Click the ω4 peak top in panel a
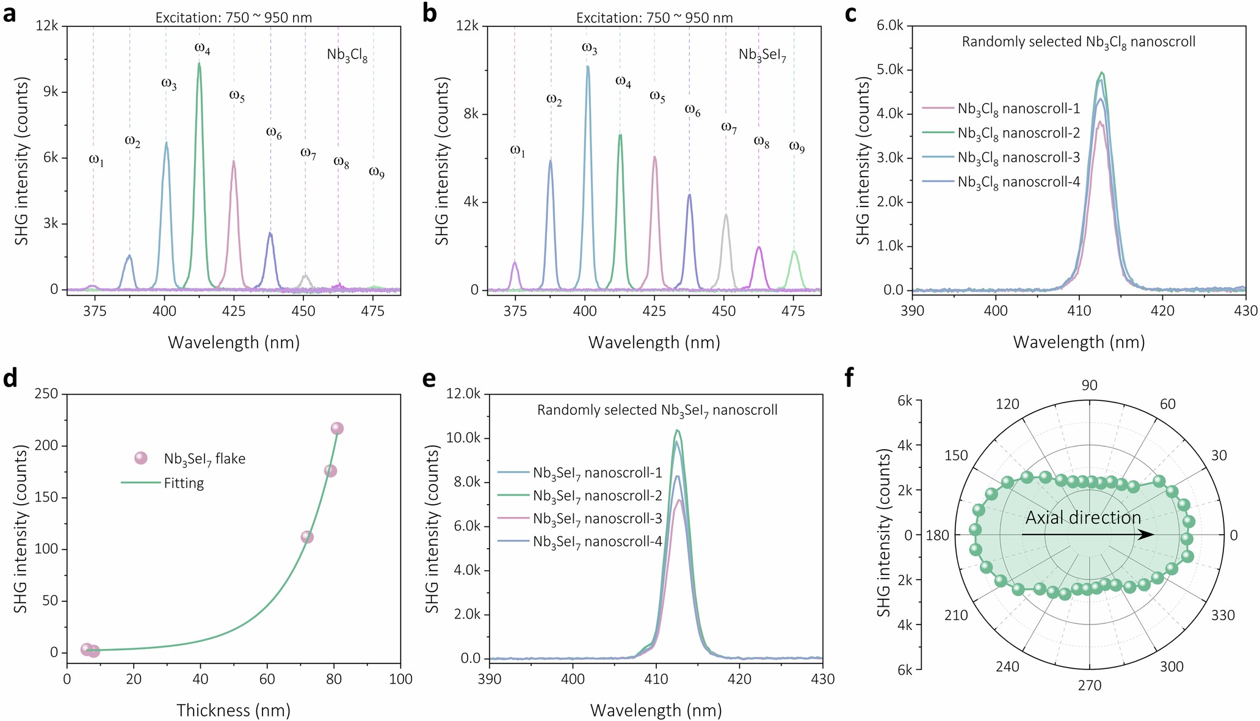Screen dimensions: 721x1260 [x=199, y=64]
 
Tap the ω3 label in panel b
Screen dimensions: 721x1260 [x=589, y=48]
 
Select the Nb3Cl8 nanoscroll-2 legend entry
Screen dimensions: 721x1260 [x=1018, y=133]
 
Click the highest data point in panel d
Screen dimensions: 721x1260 [x=337, y=428]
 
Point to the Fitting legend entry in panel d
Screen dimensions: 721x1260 [x=183, y=483]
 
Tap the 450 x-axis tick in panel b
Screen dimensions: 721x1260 [x=724, y=310]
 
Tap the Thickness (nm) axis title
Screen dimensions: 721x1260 [x=233, y=710]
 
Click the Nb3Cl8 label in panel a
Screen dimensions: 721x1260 [x=347, y=56]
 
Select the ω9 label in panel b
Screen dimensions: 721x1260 [x=797, y=147]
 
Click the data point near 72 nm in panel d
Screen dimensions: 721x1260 [x=307, y=537]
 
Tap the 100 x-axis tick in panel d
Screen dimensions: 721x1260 [x=400, y=679]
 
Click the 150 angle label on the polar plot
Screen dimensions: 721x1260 [x=956, y=456]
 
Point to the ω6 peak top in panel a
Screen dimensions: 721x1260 [x=270, y=233]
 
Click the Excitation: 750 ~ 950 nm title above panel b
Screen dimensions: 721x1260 [x=654, y=18]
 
